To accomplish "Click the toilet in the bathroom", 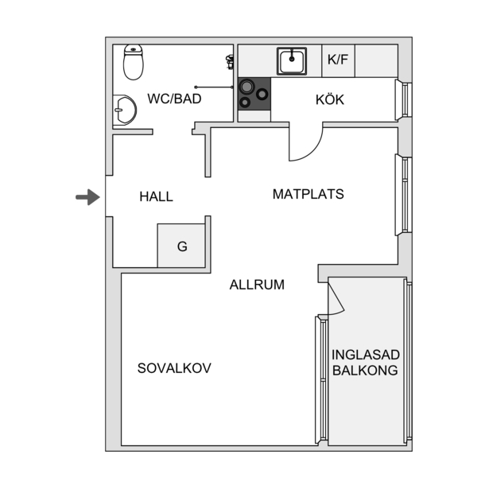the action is pyautogui.click(x=134, y=62).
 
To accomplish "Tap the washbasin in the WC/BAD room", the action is pyautogui.click(x=124, y=110).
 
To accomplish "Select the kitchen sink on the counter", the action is pyautogui.click(x=292, y=61).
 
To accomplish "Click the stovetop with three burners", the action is pyautogui.click(x=254, y=94).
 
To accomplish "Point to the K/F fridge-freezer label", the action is pyautogui.click(x=338, y=60).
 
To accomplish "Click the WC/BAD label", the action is pyautogui.click(x=174, y=99).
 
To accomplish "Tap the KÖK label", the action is pyautogui.click(x=330, y=99).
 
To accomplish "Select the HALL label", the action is pyautogui.click(x=157, y=196).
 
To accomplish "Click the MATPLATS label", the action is pyautogui.click(x=309, y=194).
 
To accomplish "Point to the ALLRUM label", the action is pyautogui.click(x=257, y=285).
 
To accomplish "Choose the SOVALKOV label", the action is pyautogui.click(x=174, y=368).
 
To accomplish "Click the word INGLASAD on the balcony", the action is pyautogui.click(x=366, y=355).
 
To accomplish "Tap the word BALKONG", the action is pyautogui.click(x=365, y=371).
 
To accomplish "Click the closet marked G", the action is pyautogui.click(x=181, y=246).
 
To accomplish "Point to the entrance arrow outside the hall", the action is pyautogui.click(x=87, y=197).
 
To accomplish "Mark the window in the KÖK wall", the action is pyautogui.click(x=404, y=100).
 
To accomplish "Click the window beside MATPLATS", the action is pyautogui.click(x=404, y=195).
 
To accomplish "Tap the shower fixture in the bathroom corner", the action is pyautogui.click(x=230, y=62).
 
